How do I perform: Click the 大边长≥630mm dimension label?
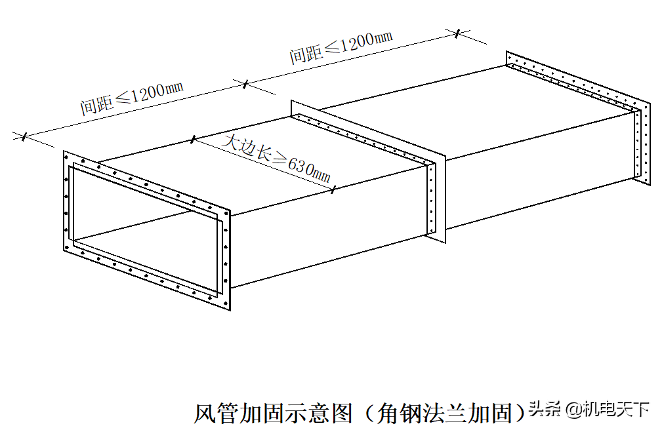(276, 159)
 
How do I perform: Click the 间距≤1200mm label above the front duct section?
(132, 98)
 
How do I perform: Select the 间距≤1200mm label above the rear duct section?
(341, 47)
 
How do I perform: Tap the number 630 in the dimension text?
(300, 166)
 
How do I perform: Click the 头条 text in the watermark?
(545, 409)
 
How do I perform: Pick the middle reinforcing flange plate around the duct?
(367, 172)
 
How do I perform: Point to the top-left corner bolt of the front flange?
(66, 157)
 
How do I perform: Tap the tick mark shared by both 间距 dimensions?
(245, 84)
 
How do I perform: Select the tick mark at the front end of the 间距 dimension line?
(24, 136)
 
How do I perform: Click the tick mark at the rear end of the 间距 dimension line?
(458, 33)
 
